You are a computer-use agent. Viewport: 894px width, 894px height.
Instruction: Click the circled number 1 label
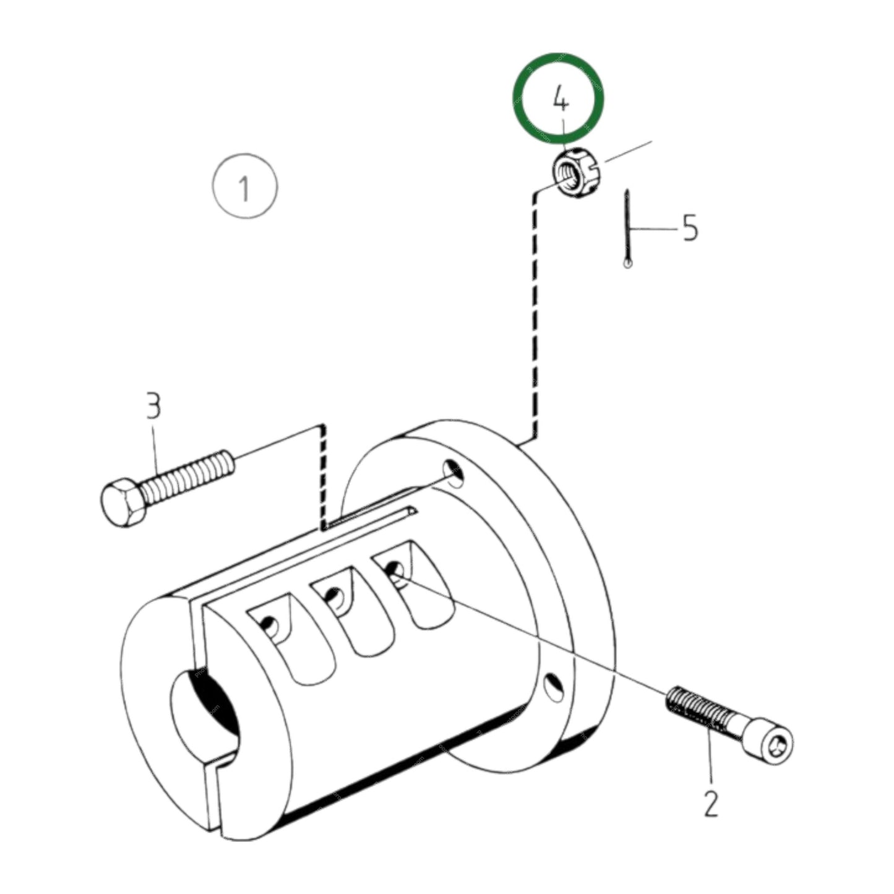(245, 186)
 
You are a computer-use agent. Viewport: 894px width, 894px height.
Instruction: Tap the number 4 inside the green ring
(561, 98)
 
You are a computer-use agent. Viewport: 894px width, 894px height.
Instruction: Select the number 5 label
(690, 227)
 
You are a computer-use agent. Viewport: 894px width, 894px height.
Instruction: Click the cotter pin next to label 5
(627, 229)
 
